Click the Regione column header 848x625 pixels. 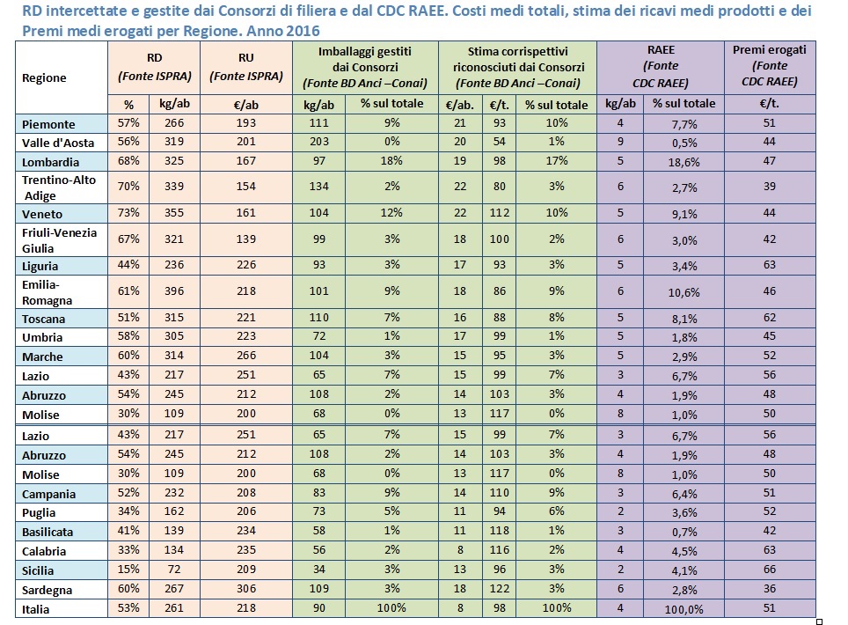(x=44, y=78)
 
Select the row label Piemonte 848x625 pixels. (x=48, y=124)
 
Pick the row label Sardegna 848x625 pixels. (x=48, y=590)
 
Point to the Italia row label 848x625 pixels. (x=36, y=609)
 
